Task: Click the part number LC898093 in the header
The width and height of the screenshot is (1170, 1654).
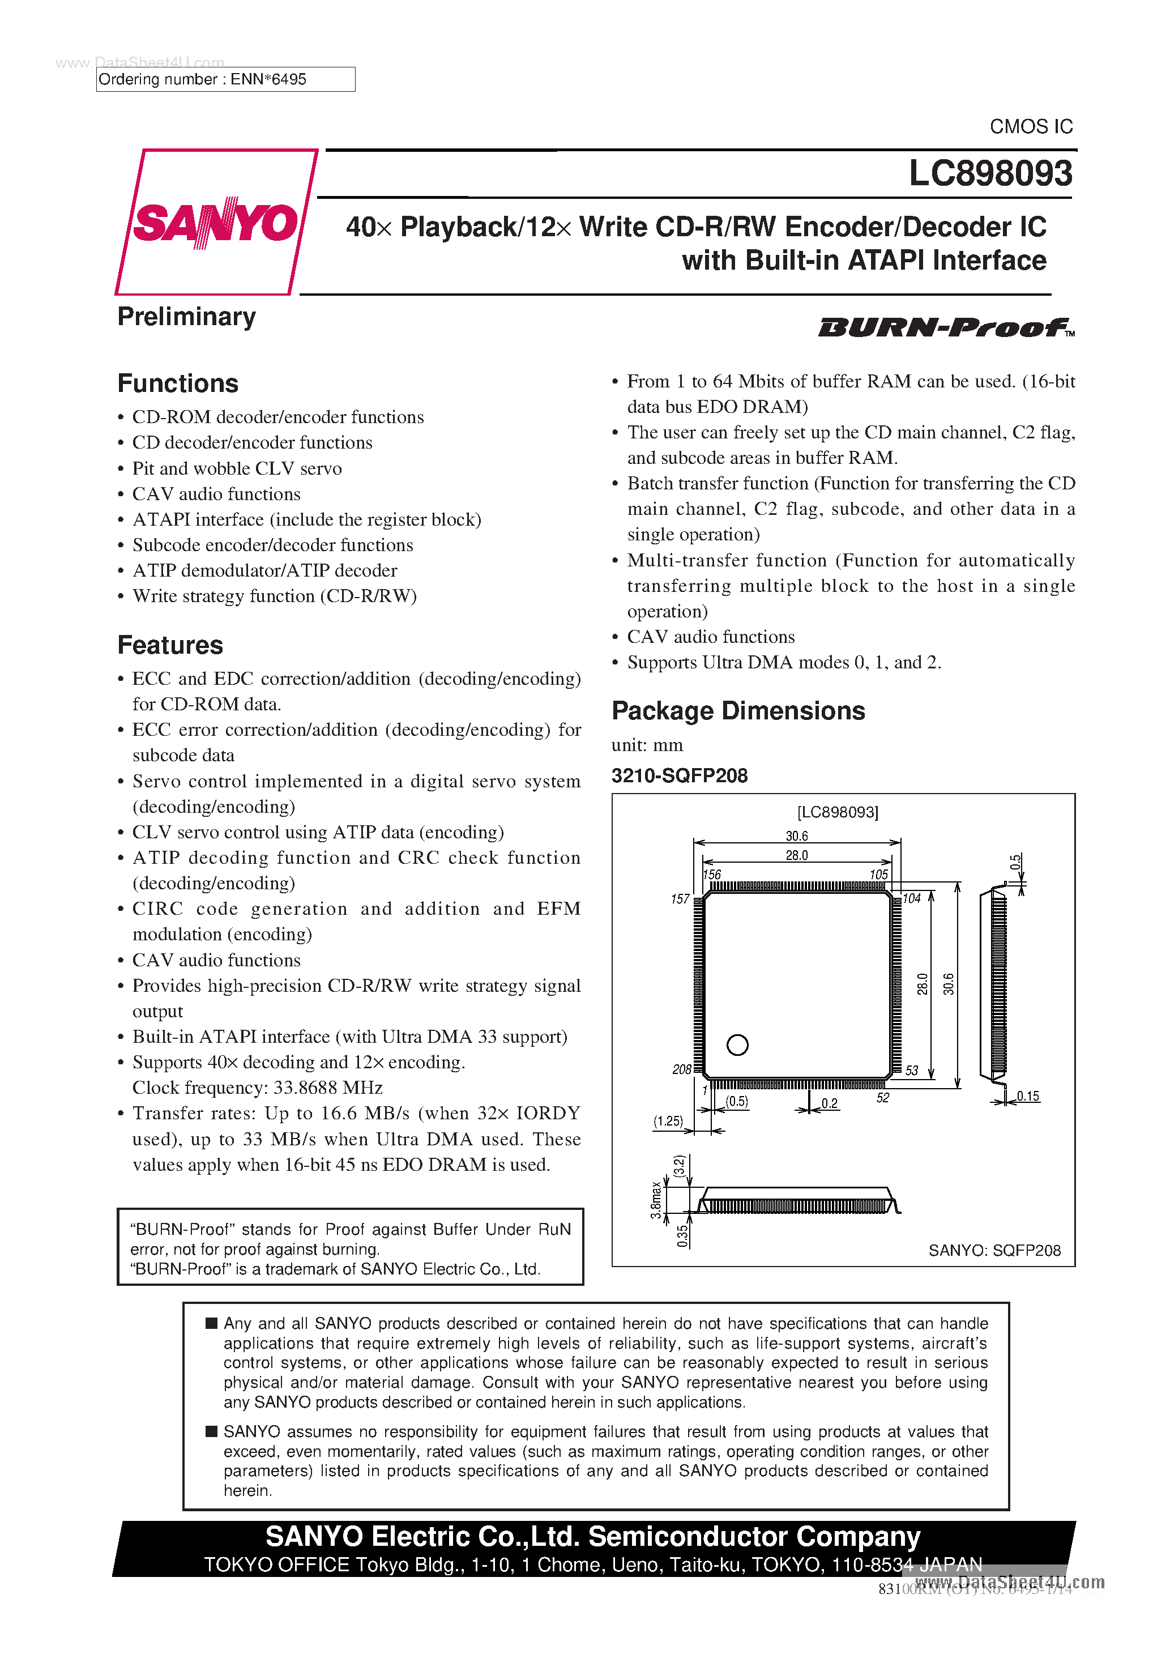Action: point(990,173)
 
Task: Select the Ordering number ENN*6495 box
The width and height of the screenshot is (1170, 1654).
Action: point(225,79)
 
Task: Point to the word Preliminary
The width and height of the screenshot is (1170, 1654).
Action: point(186,317)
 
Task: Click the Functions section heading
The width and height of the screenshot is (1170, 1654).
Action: point(178,383)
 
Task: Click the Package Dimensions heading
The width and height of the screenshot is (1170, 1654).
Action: point(738,711)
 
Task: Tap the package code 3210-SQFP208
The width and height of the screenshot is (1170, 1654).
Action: point(680,776)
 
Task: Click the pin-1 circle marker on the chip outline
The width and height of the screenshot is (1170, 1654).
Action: point(737,1045)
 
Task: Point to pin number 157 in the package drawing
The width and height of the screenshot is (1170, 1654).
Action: point(680,899)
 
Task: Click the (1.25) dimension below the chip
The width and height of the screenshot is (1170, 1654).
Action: point(668,1121)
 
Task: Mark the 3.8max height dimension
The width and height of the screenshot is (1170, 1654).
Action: point(656,1200)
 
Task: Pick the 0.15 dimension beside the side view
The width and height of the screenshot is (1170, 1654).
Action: point(1028,1097)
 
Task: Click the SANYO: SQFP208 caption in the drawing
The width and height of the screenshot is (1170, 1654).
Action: point(994,1251)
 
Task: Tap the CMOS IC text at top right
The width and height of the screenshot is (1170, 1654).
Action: point(1031,127)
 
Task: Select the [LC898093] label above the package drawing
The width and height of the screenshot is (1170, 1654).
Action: point(837,813)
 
